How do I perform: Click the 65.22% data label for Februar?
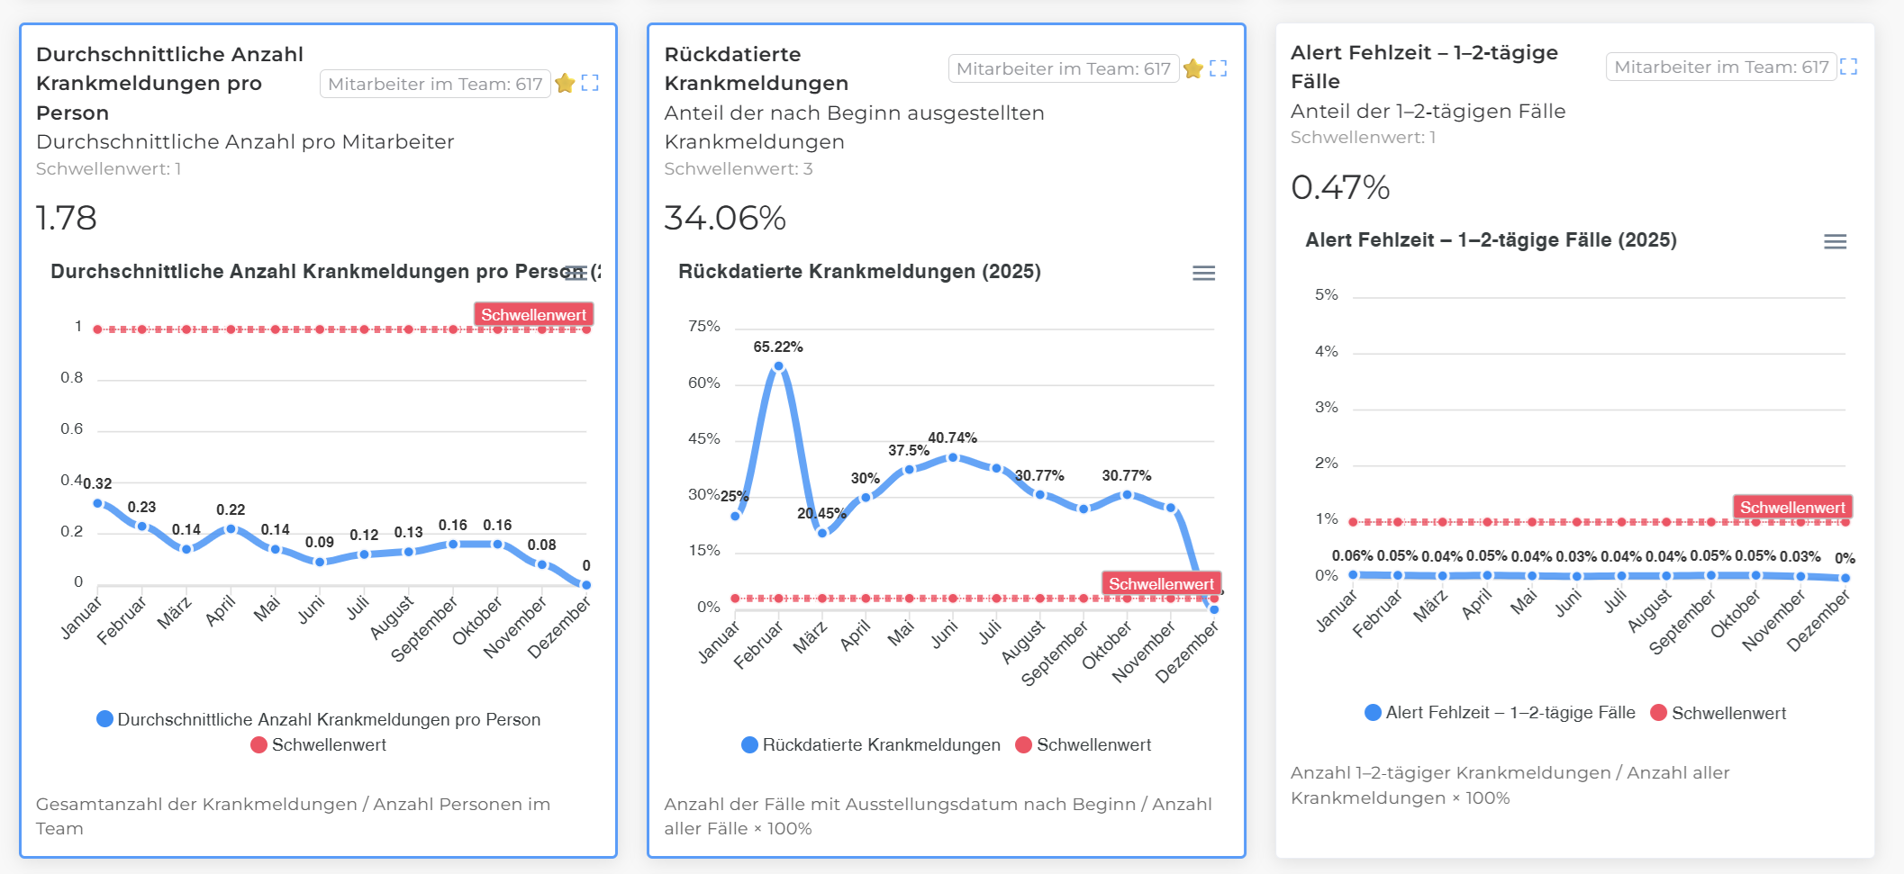[777, 347]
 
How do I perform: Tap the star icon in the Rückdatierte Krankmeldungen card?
[1193, 68]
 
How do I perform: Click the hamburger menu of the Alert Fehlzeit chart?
[1835, 241]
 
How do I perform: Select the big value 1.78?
[66, 218]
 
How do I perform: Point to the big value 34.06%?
[725, 218]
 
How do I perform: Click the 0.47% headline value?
[1340, 187]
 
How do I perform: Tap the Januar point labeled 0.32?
[98, 503]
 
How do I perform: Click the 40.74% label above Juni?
[952, 437]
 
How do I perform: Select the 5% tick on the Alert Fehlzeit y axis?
[1326, 294]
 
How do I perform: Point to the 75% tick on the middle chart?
[703, 326]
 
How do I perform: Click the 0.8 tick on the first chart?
[71, 377]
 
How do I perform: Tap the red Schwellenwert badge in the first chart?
[533, 314]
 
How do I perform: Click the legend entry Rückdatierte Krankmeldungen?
[880, 744]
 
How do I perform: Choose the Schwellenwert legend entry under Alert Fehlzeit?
[1727, 713]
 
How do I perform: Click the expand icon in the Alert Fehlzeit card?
[1849, 67]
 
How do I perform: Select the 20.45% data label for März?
[821, 513]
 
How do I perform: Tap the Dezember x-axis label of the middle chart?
[1186, 653]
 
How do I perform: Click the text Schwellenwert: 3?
[738, 168]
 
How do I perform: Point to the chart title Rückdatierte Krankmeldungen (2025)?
[859, 272]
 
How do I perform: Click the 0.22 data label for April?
[231, 509]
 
